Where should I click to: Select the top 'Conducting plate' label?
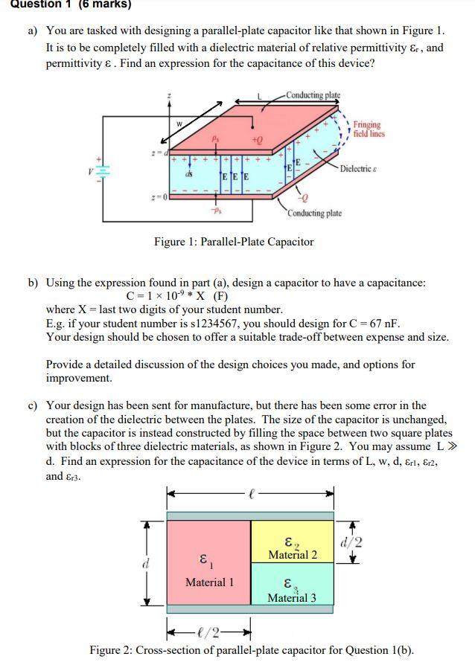312,95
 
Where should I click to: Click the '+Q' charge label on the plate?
259,140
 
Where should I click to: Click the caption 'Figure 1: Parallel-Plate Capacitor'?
233,242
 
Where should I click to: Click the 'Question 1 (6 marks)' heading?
66,4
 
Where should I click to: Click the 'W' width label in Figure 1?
179,124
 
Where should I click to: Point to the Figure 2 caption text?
251,650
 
